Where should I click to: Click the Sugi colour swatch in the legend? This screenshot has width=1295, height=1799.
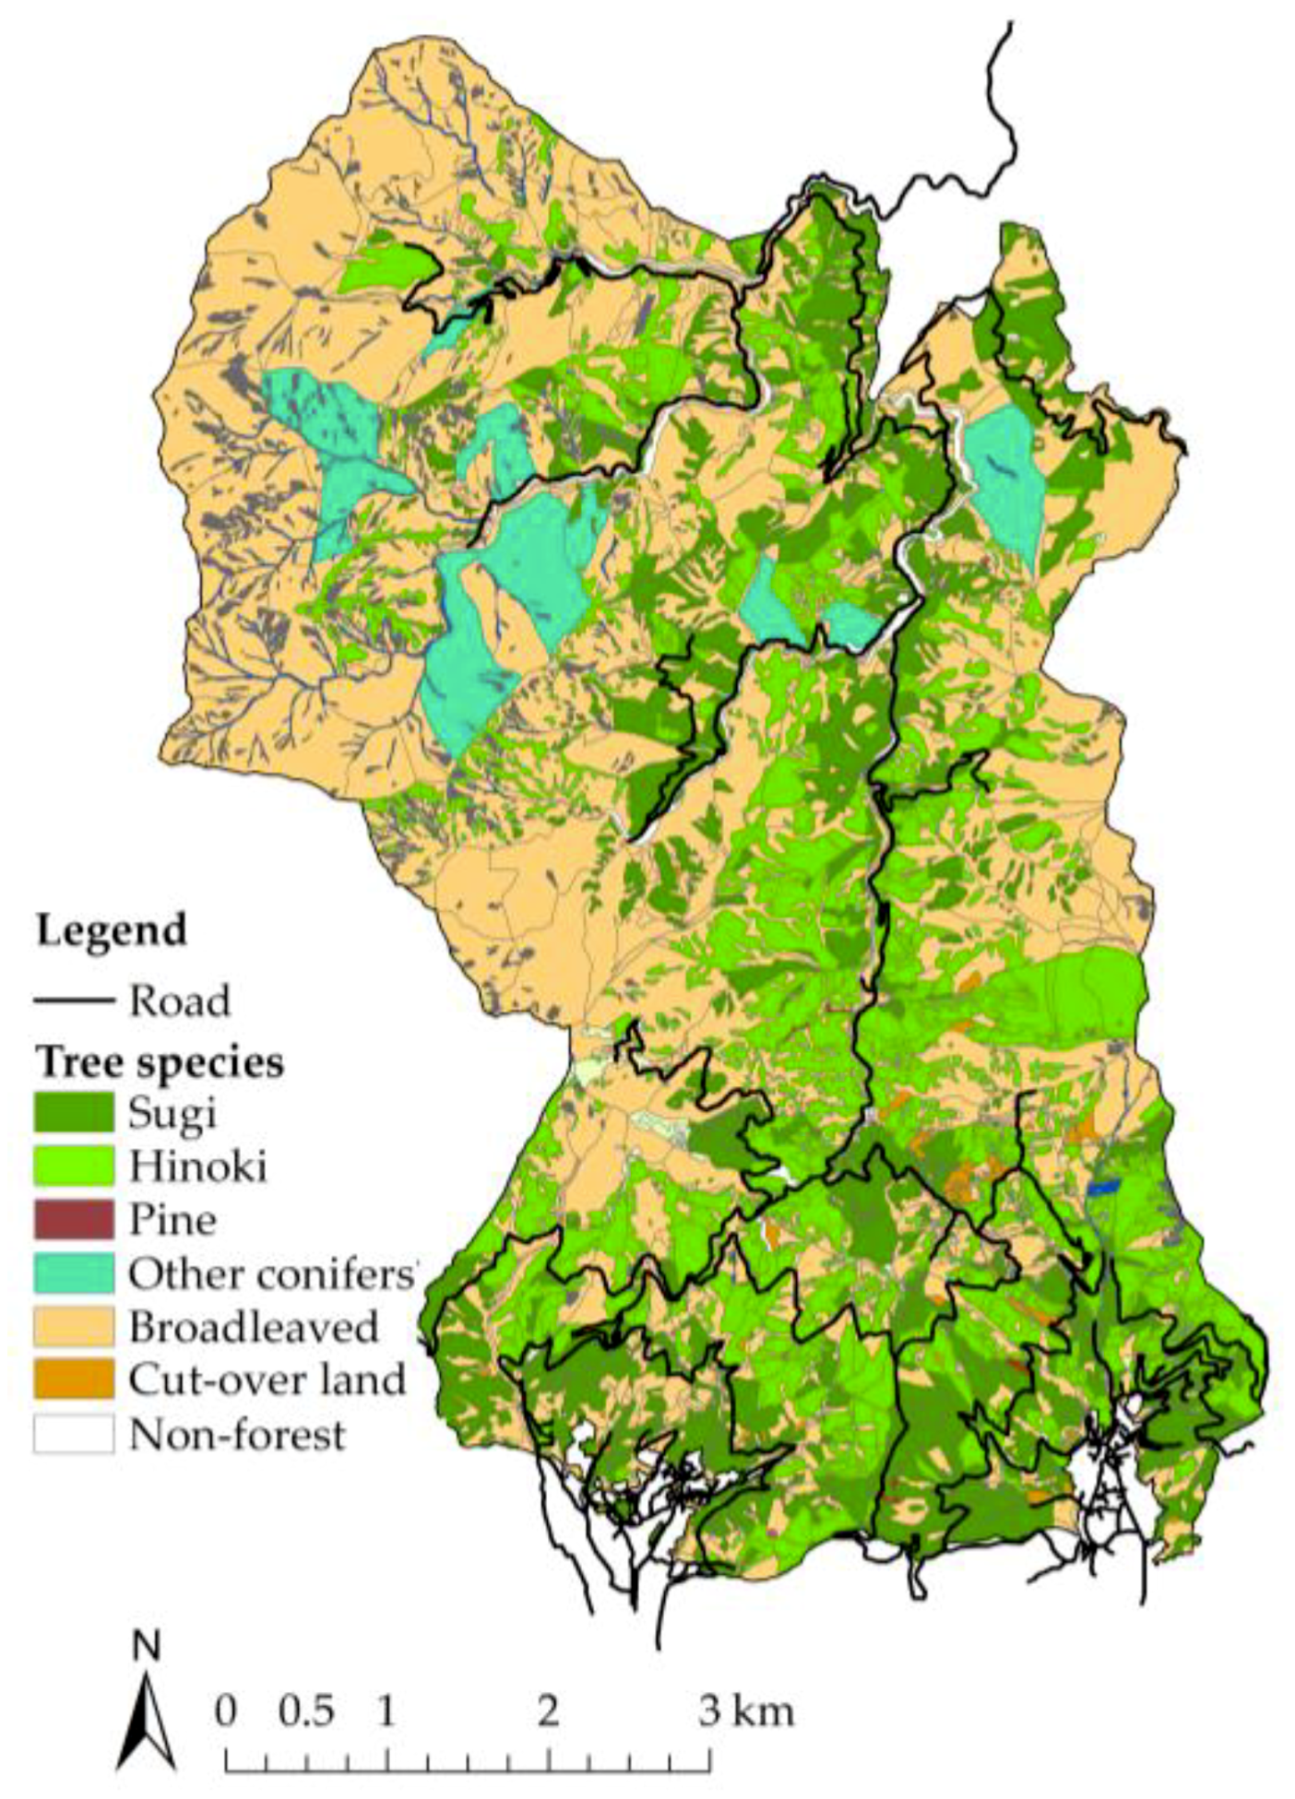coord(74,1112)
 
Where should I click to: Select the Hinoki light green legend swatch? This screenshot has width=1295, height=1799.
coord(74,1166)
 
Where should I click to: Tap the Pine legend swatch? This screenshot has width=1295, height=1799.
coord(74,1219)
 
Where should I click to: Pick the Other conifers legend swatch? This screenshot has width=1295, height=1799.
coord(74,1272)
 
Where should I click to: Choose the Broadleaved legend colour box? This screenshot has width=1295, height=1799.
coord(74,1326)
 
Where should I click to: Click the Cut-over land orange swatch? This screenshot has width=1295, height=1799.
coord(74,1379)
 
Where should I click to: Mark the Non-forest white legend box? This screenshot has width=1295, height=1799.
coord(74,1434)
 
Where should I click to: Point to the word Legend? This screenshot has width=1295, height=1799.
coord(111,930)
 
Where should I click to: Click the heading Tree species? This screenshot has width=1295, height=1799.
coord(160,1062)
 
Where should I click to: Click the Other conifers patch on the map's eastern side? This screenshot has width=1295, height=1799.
coord(1005,479)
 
